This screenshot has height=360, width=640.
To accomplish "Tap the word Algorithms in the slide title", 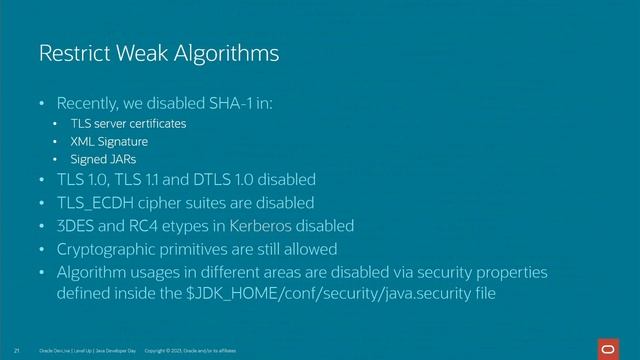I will click(226, 52).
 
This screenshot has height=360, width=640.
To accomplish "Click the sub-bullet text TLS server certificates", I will click(128, 124).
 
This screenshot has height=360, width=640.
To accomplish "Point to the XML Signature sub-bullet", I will click(108, 142).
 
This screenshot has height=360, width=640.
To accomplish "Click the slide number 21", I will click(18, 352).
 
